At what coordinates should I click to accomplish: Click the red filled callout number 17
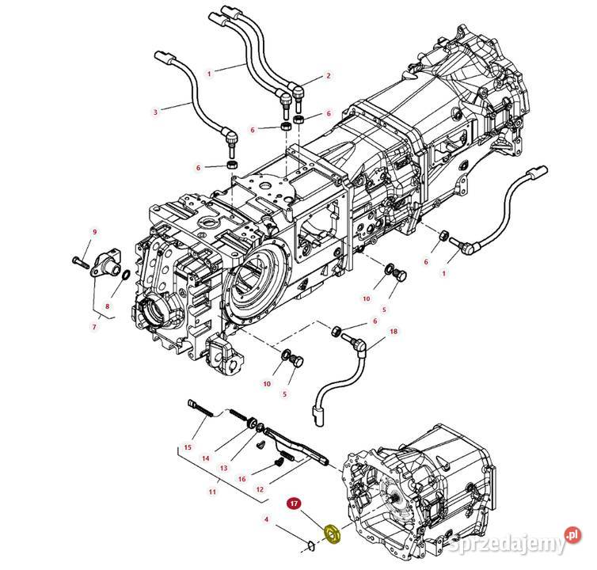click(293, 503)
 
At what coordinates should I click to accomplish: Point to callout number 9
click(94, 232)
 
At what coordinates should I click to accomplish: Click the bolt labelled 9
click(82, 260)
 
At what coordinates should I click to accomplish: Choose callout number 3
click(155, 112)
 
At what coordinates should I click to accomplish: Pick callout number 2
click(328, 77)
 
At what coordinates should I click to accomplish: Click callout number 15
click(188, 448)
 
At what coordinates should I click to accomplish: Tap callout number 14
click(205, 458)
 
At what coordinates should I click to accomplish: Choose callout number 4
click(267, 519)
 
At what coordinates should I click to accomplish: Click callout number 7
click(93, 325)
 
